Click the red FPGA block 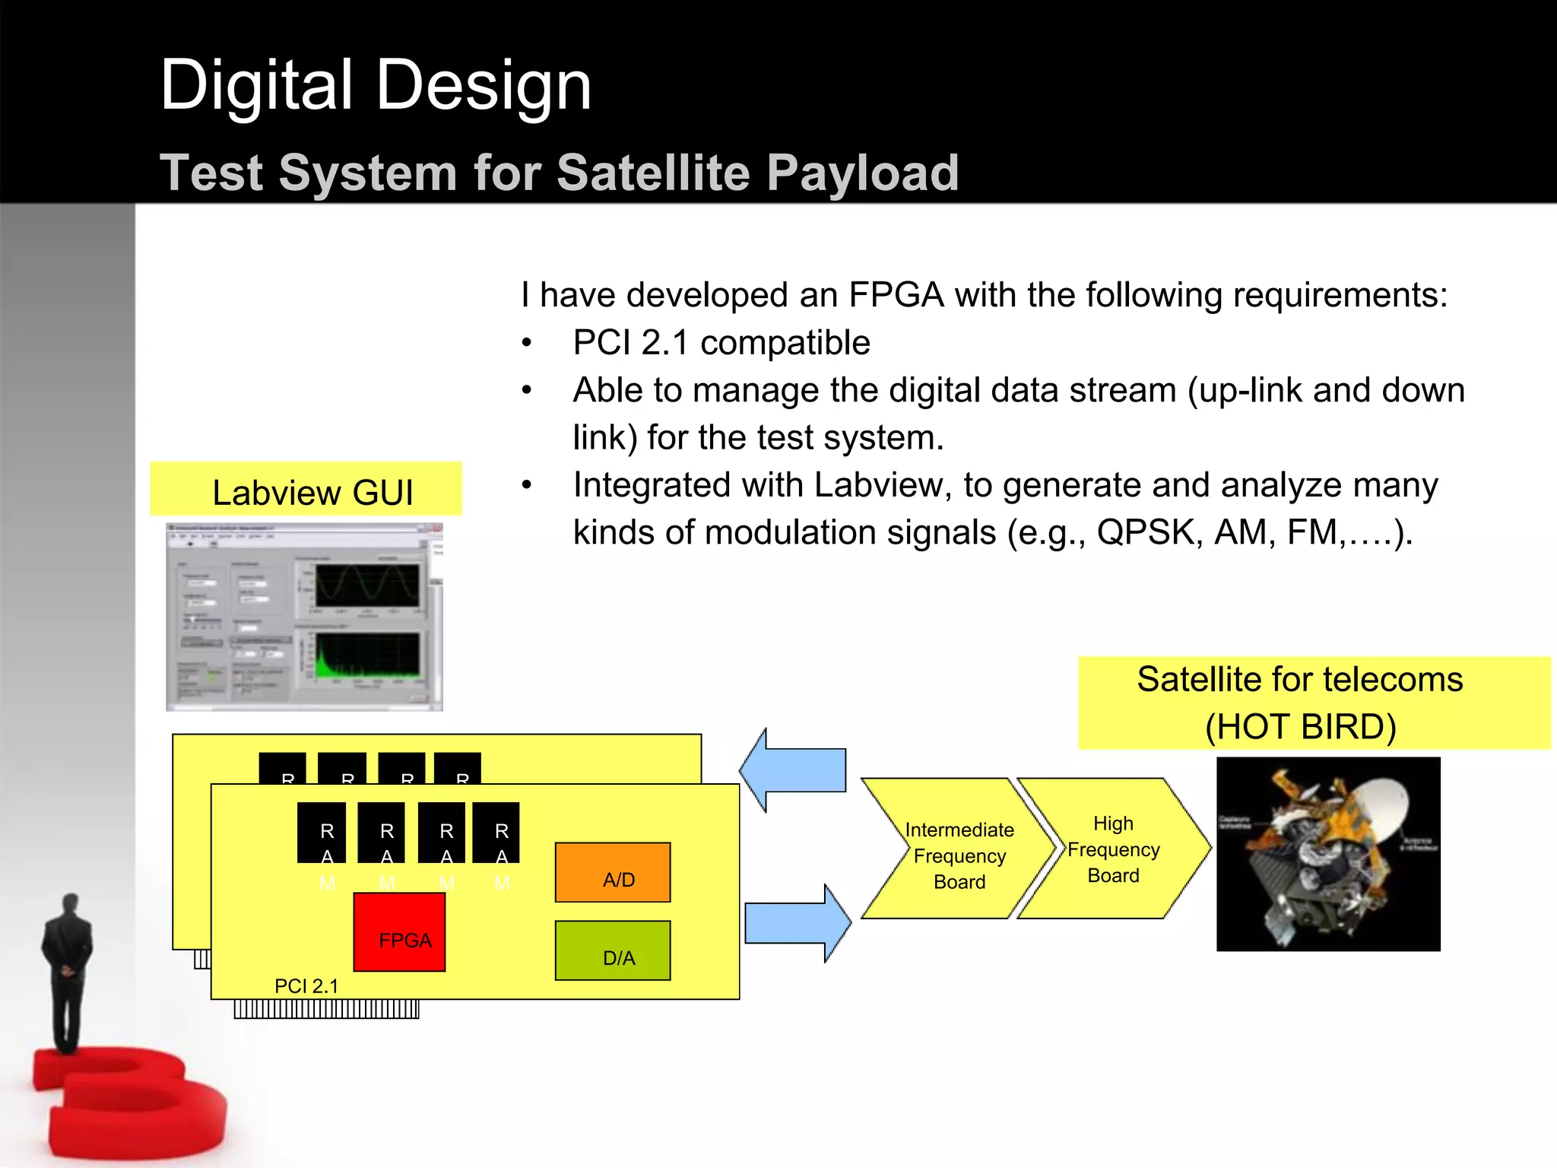tap(399, 932)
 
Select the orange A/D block tap(613, 872)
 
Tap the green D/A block tap(613, 951)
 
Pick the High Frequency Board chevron tap(1113, 849)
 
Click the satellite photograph tap(1327, 853)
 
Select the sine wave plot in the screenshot tap(367, 585)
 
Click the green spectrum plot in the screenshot tap(367, 655)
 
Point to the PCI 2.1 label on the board tap(306, 986)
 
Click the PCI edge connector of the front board tap(326, 1009)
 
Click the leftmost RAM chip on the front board tap(322, 832)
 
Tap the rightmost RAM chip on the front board tap(496, 832)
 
